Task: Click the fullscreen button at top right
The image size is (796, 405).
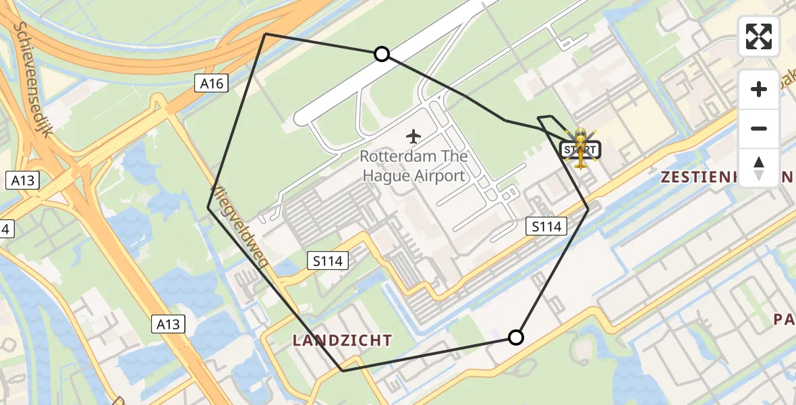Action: [x=759, y=36]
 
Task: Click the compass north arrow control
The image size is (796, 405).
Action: [x=759, y=167]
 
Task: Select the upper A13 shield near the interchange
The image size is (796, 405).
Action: [x=22, y=181]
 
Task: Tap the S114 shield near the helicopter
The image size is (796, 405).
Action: [x=546, y=227]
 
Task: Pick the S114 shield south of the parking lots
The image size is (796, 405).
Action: [x=329, y=261]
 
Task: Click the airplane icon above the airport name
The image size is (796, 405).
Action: [x=414, y=136]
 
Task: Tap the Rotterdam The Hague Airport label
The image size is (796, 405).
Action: [x=413, y=166]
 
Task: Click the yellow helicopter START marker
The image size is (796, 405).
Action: [x=580, y=149]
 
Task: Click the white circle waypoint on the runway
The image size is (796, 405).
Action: [x=382, y=54]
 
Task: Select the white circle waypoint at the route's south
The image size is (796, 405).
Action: [x=515, y=337]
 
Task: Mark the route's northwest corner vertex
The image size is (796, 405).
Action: [x=266, y=34]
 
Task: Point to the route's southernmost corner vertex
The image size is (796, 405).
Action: [x=343, y=371]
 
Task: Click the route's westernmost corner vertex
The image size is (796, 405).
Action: [x=208, y=208]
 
